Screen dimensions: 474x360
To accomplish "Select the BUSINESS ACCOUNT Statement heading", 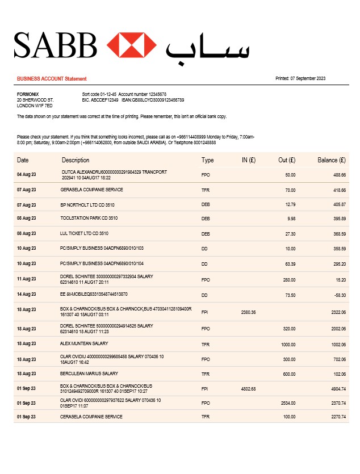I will click(52, 79).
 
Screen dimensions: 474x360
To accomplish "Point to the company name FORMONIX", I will click(28, 94).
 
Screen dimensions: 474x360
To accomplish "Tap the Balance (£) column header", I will click(331, 160).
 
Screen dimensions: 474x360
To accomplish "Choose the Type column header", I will click(207, 160).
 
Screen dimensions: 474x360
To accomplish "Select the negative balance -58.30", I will click(339, 295).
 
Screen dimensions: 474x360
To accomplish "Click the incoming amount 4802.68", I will click(249, 389).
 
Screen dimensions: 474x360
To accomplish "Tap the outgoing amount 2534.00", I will click(288, 403).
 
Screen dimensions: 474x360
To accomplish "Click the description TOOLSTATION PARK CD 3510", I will click(89, 219).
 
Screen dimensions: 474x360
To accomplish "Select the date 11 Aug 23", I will click(26, 279).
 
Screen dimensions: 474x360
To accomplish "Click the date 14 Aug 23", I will click(26, 295).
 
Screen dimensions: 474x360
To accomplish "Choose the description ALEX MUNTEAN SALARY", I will click(84, 344).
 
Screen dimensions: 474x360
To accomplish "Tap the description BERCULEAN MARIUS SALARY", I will click(89, 374).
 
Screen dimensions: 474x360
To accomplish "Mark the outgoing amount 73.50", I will click(290, 295).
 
